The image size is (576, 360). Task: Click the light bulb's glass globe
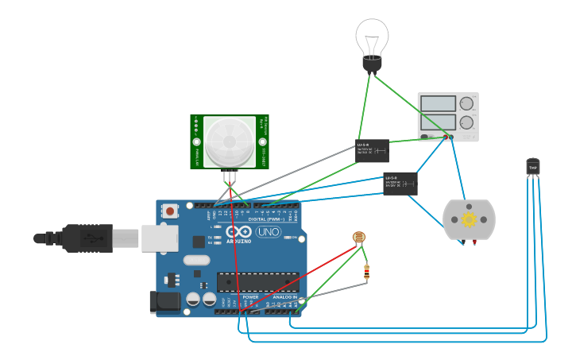[372, 36]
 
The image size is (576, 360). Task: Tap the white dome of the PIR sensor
[230, 141]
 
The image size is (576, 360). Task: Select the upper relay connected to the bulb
[372, 149]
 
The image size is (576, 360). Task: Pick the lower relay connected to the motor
[400, 184]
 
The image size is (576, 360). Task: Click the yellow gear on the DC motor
[469, 219]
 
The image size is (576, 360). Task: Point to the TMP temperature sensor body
[532, 167]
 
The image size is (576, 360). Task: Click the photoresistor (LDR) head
[359, 237]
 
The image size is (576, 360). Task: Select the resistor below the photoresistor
[366, 272]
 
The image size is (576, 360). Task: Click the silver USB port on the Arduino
[160, 238]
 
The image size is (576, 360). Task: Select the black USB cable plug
[87, 238]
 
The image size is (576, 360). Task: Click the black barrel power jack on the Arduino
[164, 302]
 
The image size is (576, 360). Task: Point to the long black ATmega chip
[257, 282]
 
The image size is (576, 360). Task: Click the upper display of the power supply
[438, 103]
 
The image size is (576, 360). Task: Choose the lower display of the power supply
[438, 122]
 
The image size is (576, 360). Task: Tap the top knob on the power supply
[466, 103]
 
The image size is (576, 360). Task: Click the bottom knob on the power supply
[466, 122]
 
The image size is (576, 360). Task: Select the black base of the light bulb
[372, 63]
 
